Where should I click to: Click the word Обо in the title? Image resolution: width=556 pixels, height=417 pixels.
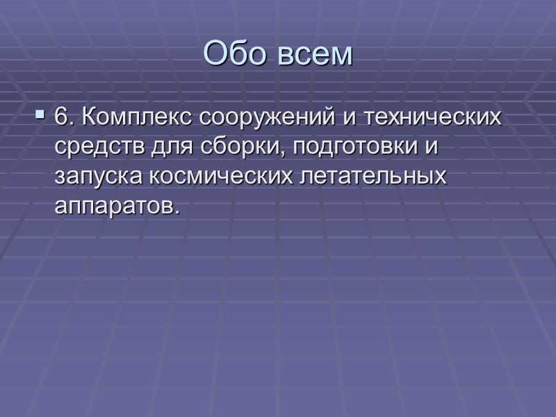236,54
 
